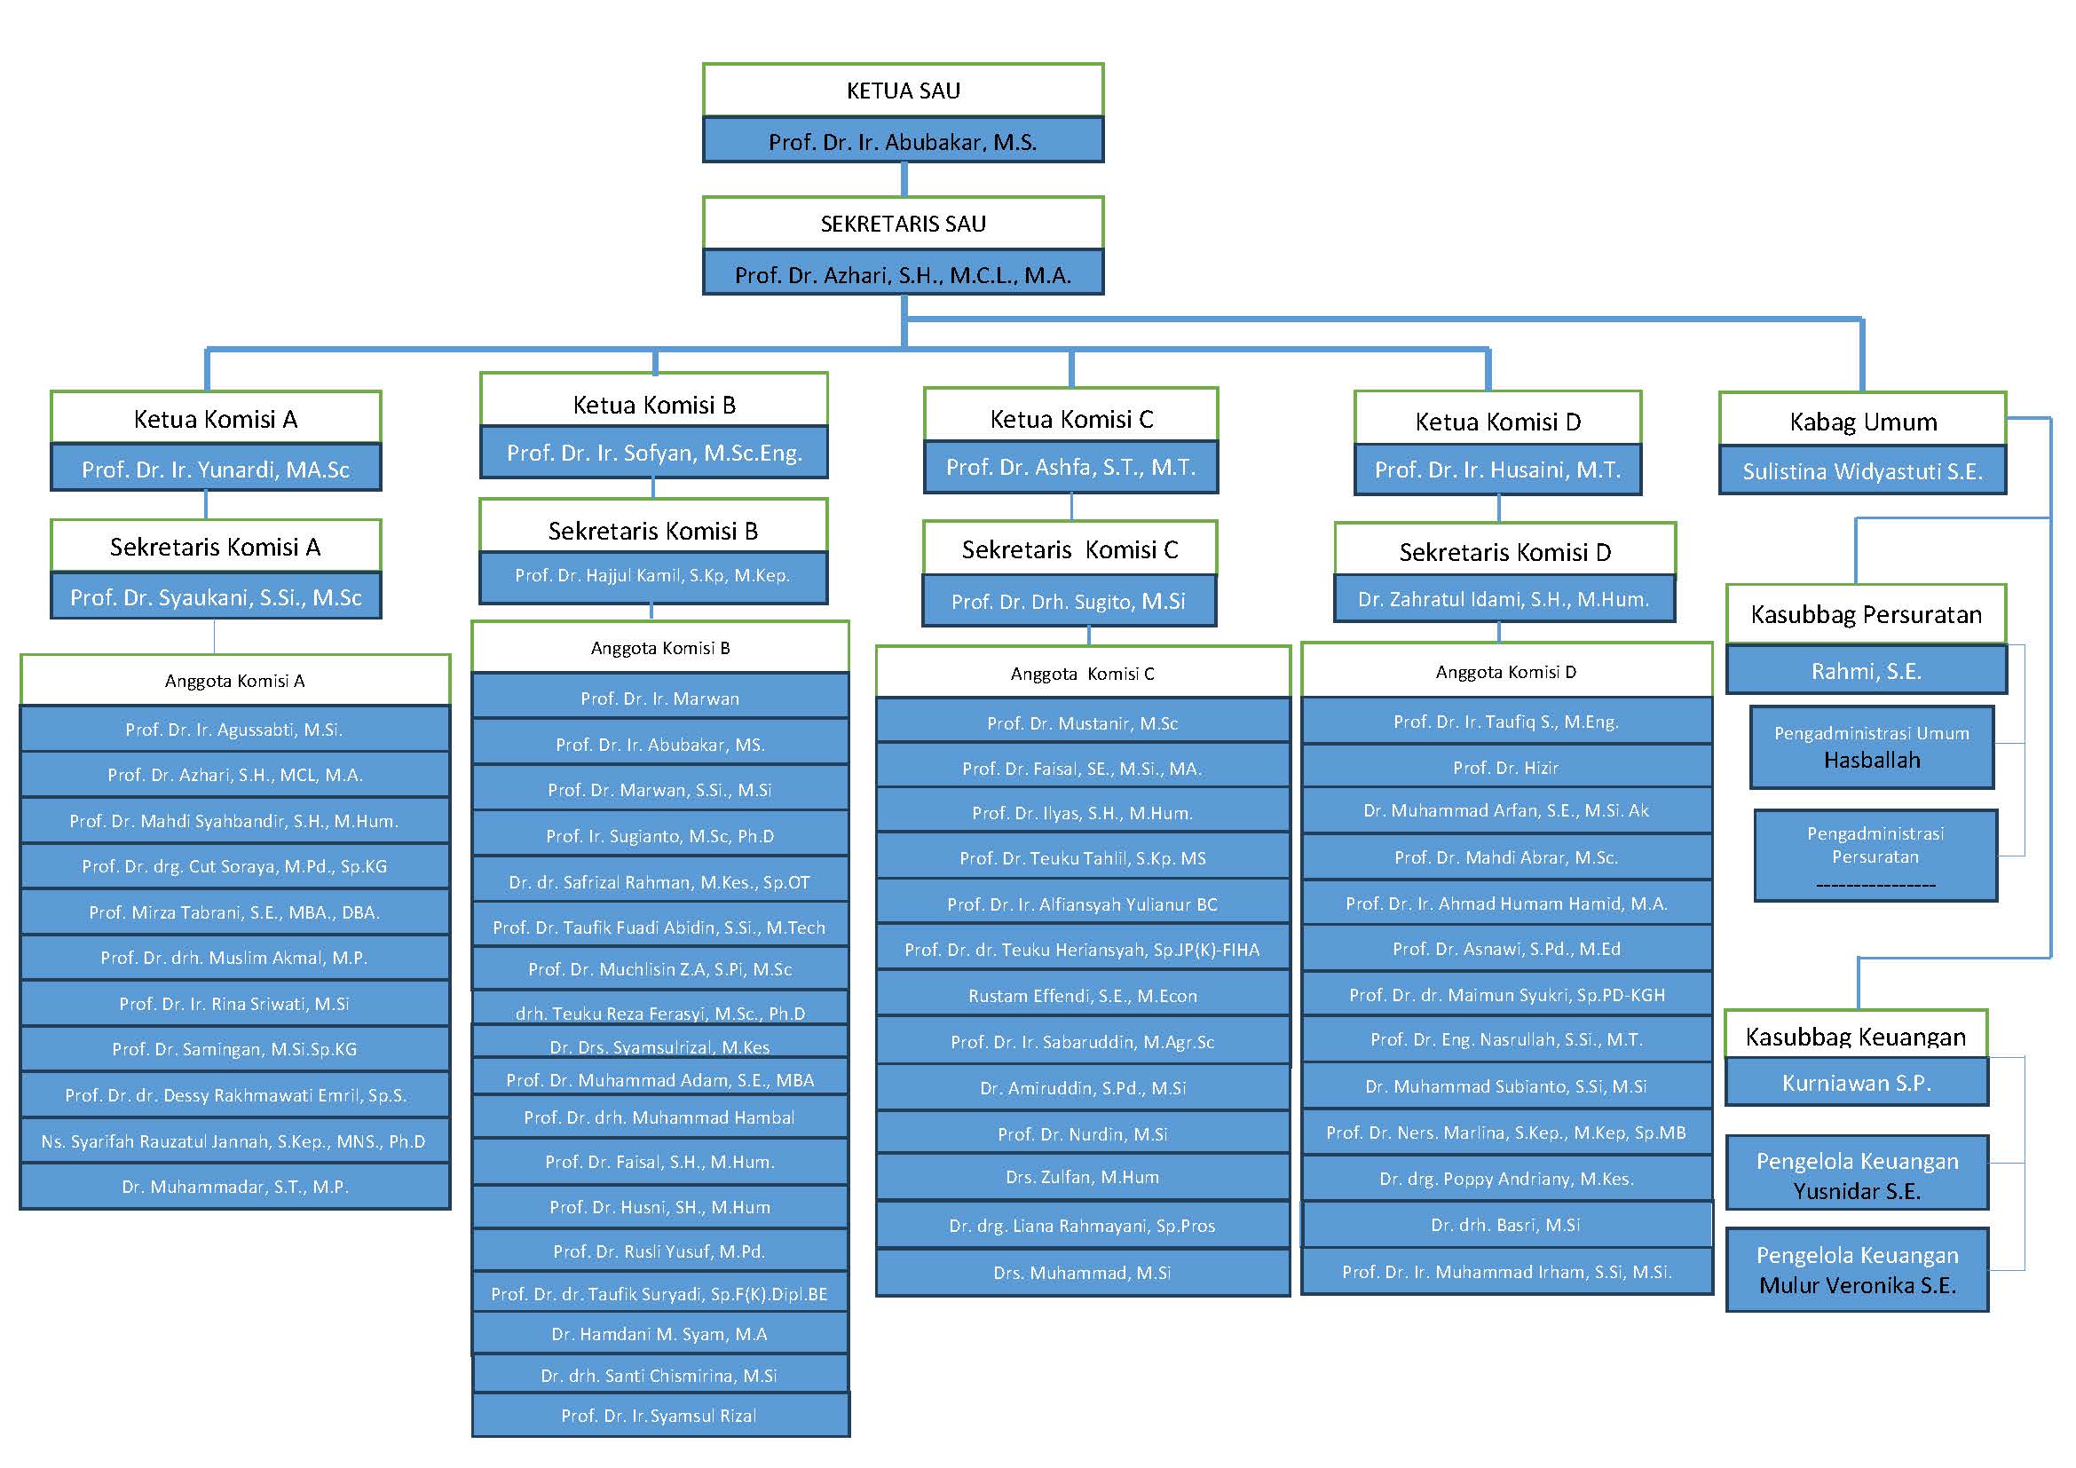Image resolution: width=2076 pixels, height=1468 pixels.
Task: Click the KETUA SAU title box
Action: (903, 90)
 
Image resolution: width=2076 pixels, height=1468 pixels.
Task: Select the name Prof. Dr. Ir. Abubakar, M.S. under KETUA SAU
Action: (903, 141)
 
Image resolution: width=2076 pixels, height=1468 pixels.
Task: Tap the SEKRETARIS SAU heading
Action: (903, 224)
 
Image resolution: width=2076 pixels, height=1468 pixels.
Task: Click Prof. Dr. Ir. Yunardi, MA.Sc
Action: (215, 470)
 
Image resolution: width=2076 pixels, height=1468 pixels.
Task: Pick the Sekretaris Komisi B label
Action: (653, 531)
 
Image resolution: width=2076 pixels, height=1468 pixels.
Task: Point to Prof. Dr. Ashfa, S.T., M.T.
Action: (1070, 468)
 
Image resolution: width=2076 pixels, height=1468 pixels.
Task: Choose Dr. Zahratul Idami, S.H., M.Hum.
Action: (1504, 598)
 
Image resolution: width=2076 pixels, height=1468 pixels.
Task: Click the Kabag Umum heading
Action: (1863, 422)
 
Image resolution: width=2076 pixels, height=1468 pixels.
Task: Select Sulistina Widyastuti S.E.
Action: (1863, 471)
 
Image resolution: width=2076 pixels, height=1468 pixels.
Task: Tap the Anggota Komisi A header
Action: (235, 681)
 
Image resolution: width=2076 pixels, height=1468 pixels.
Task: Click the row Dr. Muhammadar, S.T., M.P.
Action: (235, 1186)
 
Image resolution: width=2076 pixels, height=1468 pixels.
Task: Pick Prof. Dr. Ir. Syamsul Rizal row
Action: (659, 1416)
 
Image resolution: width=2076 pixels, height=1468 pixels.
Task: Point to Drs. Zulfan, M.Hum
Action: (1082, 1177)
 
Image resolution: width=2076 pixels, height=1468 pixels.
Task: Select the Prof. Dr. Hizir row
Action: (1505, 768)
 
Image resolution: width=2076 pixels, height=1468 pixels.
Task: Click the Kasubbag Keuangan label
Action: (1855, 1036)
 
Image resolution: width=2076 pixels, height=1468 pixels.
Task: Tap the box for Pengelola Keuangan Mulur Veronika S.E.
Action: (1857, 1270)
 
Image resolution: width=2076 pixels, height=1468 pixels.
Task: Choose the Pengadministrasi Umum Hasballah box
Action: (1872, 746)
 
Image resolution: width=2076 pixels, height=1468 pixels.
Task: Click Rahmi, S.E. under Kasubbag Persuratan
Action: (1867, 671)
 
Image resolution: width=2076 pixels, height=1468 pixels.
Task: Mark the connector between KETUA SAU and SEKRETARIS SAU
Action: (904, 179)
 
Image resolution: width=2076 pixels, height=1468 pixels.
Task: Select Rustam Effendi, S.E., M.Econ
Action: (1082, 995)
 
